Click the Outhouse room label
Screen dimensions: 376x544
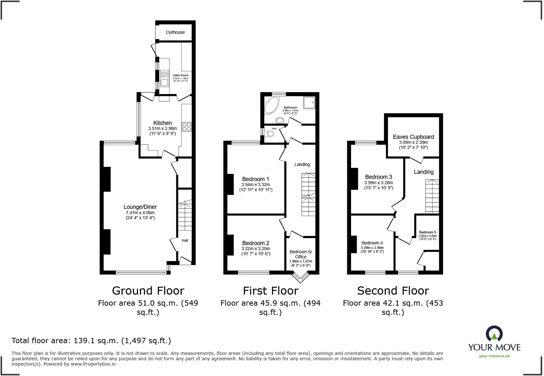[175, 32]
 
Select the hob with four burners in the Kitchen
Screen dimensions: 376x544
[186, 127]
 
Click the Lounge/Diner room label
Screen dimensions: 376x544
[140, 207]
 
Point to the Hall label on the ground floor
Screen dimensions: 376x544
[185, 240]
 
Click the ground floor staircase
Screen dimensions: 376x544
[185, 216]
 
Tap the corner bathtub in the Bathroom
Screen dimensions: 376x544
[271, 105]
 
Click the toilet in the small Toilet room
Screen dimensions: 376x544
[270, 134]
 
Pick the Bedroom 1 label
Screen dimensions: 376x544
[256, 179]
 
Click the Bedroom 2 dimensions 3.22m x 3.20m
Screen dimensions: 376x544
[256, 249]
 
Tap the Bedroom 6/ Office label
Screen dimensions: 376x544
[301, 254]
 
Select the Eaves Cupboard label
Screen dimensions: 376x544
[413, 137]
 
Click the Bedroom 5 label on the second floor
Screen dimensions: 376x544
[428, 232]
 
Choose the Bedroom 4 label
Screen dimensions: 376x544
[372, 243]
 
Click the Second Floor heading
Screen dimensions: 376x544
[393, 291]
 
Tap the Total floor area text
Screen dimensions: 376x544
[91, 341]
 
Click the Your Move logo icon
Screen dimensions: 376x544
[494, 334]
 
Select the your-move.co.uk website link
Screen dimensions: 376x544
[494, 356]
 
